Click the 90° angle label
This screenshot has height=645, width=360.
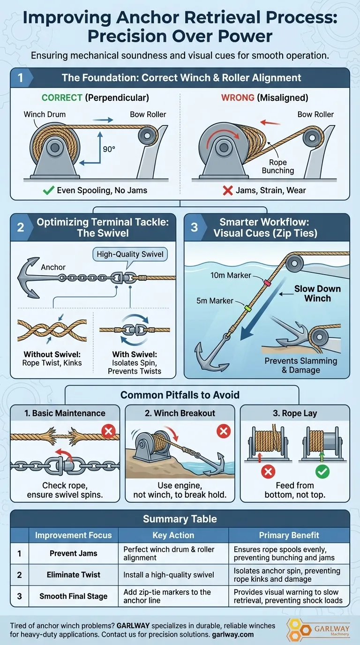[x=109, y=149]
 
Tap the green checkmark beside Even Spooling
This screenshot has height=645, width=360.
[x=48, y=190]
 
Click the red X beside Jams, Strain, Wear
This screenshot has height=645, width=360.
[x=228, y=190]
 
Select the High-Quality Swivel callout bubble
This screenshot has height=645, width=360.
[x=130, y=254]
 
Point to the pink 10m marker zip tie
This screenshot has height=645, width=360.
[x=267, y=283]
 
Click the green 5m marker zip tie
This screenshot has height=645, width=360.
[x=247, y=308]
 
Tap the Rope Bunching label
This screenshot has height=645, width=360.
[x=278, y=166]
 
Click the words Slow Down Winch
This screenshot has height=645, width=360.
[x=317, y=293]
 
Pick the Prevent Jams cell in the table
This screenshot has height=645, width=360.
[x=74, y=553]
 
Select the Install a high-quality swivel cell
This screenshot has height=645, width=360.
[x=168, y=575]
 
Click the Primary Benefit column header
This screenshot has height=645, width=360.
[x=289, y=535]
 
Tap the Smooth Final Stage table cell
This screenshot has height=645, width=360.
[x=74, y=596]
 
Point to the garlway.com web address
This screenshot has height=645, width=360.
[x=232, y=635]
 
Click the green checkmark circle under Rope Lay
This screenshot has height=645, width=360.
[x=322, y=472]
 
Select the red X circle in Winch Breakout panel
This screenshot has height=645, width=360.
[x=224, y=431]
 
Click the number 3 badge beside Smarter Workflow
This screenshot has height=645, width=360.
[x=195, y=227]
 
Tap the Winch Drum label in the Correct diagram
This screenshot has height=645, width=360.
[x=45, y=114]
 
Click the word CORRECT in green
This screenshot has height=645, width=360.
[x=62, y=98]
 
